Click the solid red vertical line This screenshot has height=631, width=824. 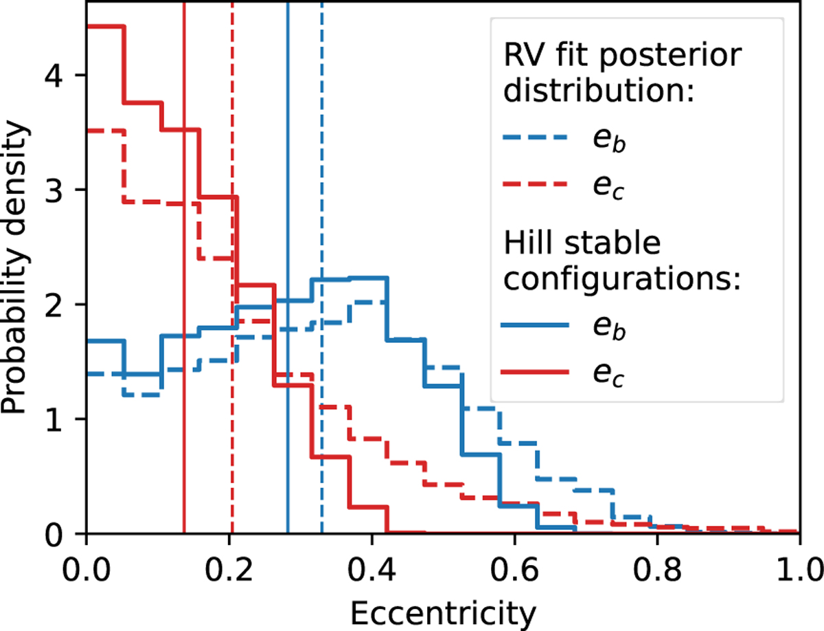[184, 412]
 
